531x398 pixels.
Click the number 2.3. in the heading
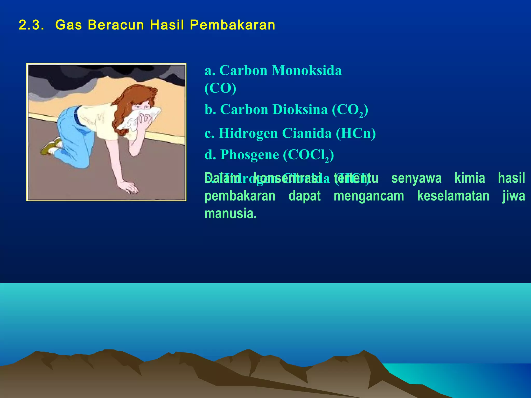tap(31, 25)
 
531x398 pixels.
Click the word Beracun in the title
tap(116, 25)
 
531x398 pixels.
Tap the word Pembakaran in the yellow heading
tap(232, 25)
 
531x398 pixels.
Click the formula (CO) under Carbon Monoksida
tap(220, 88)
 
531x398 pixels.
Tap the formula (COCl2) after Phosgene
tap(308, 155)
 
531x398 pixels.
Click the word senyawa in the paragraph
tap(416, 178)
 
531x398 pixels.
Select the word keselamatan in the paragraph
tap(453, 196)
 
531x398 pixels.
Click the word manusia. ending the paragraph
tap(230, 214)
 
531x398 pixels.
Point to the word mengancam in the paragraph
tap(369, 196)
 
